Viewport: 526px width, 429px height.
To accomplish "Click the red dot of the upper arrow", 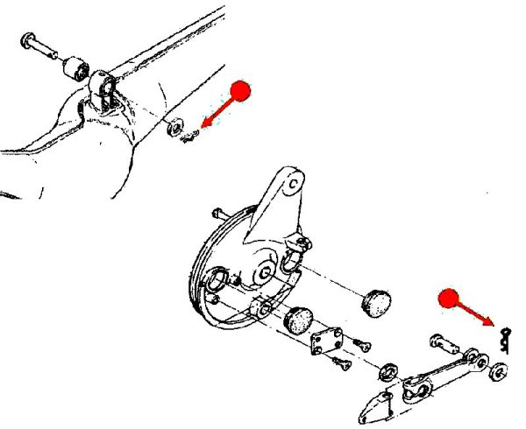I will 243,90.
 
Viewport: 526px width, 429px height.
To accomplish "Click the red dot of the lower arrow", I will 449,299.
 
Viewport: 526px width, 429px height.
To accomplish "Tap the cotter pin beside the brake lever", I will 505,337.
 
